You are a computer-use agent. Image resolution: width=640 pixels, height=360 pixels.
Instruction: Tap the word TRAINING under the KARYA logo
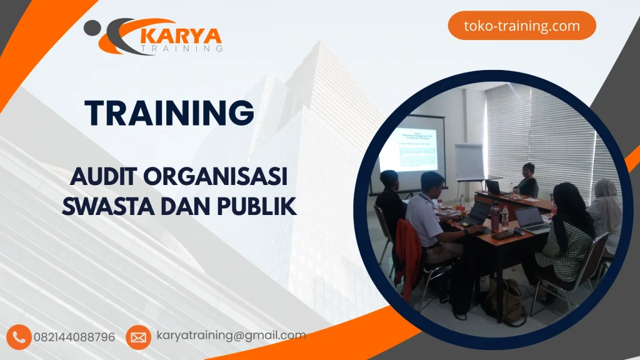tap(181, 48)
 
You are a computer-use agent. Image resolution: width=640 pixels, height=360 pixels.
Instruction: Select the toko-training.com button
tap(522, 26)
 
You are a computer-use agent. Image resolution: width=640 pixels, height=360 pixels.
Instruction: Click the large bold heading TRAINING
tap(170, 113)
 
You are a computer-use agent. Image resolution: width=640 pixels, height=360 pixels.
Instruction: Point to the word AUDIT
tap(104, 177)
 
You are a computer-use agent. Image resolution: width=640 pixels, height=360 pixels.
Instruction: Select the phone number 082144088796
tap(74, 337)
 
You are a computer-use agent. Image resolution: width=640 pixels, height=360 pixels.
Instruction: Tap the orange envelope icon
tap(137, 337)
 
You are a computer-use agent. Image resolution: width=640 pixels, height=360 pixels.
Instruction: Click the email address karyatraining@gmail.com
tap(231, 336)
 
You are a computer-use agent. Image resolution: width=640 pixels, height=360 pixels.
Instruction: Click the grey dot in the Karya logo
tap(92, 27)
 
